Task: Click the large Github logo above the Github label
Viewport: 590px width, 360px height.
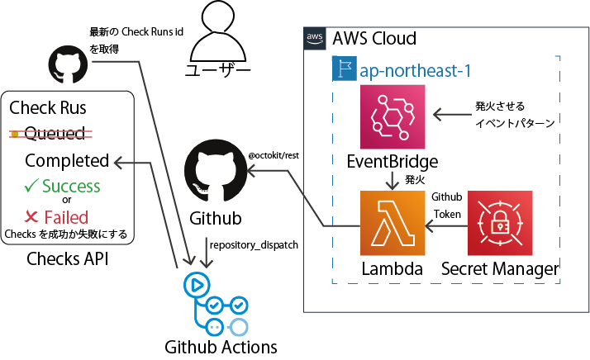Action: point(216,173)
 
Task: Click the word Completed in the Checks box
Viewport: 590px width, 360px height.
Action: point(67,160)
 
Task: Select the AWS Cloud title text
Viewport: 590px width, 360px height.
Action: point(374,38)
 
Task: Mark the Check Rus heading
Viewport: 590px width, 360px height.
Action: point(48,107)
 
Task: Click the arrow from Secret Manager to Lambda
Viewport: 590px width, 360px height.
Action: point(446,225)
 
